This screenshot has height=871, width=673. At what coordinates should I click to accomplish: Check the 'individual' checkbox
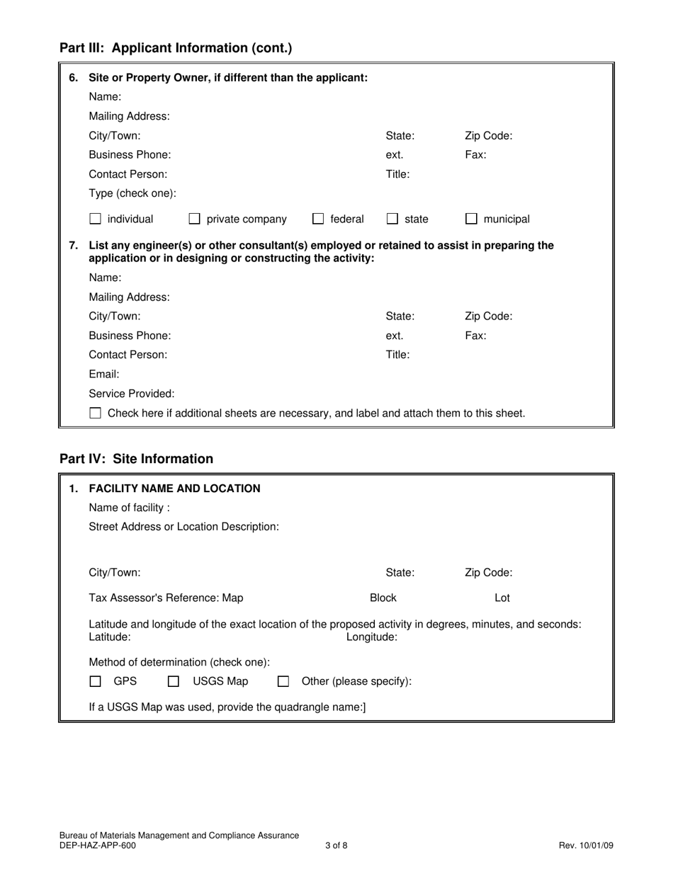coord(96,220)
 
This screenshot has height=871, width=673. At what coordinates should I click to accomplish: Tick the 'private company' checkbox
coord(195,220)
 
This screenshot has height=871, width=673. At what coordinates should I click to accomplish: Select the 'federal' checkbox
coord(319,220)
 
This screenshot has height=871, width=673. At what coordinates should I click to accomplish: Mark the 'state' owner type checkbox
coord(392,220)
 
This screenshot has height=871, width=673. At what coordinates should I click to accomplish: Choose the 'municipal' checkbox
coord(472,220)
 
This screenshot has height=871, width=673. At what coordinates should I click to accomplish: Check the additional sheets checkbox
coord(96,413)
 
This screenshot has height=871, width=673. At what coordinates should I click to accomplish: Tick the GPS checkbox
coord(96,681)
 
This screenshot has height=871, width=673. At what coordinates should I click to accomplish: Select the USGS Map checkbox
coord(174,681)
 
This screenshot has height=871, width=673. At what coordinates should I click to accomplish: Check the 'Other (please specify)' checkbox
coord(283,681)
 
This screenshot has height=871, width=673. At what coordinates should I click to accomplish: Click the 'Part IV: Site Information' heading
coord(136,459)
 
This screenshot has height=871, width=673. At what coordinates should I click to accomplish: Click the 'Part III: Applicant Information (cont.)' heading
coord(176,48)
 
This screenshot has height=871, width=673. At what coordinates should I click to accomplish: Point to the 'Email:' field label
coord(104,374)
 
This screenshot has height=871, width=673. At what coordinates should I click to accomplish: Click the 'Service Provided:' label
coord(132,394)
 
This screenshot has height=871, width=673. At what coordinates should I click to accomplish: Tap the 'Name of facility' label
coord(129,508)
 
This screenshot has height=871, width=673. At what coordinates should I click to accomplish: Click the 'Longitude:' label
coord(371,637)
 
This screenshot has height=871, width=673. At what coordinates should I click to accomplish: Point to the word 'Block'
coord(383,598)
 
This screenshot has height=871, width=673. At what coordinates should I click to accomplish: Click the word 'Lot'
coord(502,598)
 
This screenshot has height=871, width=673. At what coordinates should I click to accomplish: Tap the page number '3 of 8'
coord(336,845)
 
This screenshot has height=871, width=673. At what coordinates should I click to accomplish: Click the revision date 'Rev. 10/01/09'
coord(586,845)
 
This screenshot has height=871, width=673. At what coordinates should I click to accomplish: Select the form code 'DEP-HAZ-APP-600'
coord(98,845)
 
